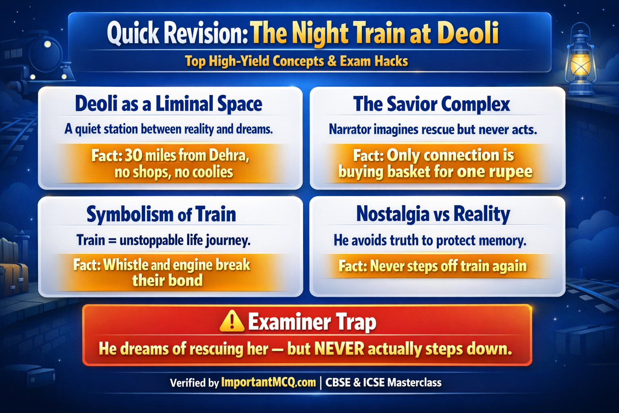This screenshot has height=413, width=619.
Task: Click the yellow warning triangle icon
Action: click(x=232, y=322)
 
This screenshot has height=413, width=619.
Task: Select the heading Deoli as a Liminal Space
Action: click(x=168, y=104)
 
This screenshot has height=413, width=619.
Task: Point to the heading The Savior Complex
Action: click(x=432, y=104)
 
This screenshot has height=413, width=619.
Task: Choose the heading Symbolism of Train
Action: click(x=161, y=214)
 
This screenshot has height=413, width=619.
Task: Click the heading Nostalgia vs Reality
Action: click(x=433, y=214)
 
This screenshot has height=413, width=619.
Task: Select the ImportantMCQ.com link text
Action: click(x=268, y=382)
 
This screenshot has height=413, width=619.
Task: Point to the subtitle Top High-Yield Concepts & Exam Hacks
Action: click(x=296, y=61)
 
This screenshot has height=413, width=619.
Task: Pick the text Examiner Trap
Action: click(x=312, y=322)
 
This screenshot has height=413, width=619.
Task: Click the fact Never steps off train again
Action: click(x=432, y=266)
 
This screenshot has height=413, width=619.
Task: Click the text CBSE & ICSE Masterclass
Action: click(x=383, y=382)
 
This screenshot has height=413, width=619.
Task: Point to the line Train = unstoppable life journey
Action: click(x=164, y=241)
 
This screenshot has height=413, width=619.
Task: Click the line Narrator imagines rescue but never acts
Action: click(x=433, y=129)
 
